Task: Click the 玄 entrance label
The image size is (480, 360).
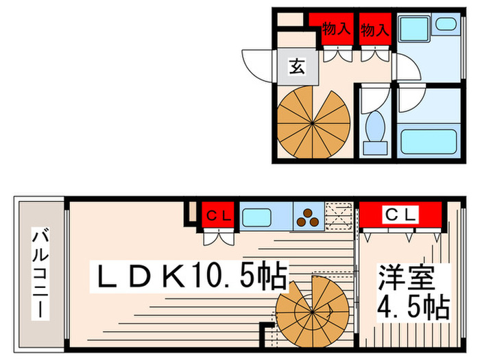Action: [x=296, y=67]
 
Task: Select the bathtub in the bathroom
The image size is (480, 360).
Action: [x=429, y=141]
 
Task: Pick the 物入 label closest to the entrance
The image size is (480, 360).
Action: [x=337, y=29]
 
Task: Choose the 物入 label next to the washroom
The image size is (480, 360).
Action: [x=375, y=29]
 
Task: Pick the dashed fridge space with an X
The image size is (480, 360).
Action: [x=338, y=217]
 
